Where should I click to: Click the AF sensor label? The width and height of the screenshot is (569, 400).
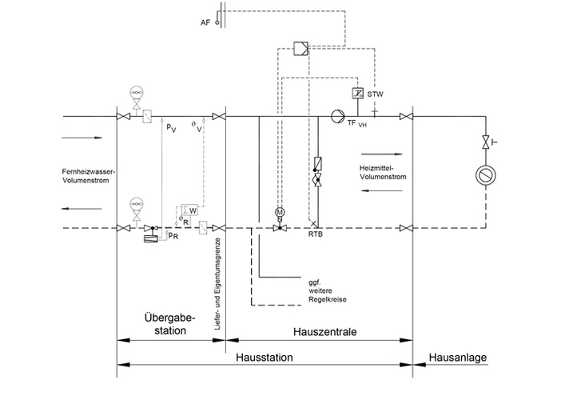(x=205, y=21)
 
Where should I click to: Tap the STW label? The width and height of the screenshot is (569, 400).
(x=375, y=94)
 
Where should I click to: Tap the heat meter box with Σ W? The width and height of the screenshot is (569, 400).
(x=189, y=210)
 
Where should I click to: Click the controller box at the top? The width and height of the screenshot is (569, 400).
(x=301, y=49)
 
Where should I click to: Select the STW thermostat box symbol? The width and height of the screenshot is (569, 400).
(x=359, y=94)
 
